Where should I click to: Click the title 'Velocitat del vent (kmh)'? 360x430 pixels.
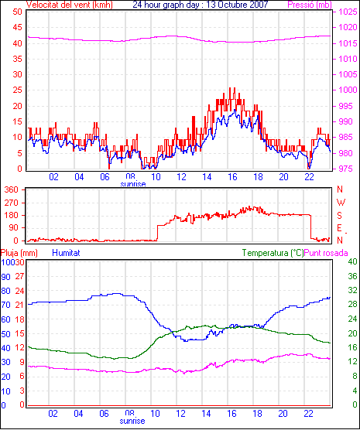tap(70, 5)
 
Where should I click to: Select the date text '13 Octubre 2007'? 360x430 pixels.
tap(237, 5)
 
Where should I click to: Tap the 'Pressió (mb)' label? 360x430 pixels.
tap(310, 5)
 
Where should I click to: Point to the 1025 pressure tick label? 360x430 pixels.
tap(348, 12)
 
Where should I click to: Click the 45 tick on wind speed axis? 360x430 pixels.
tap(17, 27)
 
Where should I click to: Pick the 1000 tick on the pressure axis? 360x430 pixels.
tap(348, 90)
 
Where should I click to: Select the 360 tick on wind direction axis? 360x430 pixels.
tap(12, 189)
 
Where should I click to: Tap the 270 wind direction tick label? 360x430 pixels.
tap(12, 203)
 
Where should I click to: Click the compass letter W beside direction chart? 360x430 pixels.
tap(341, 203)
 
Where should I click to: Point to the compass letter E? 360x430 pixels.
tap(339, 228)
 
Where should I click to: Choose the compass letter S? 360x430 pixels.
tap(339, 216)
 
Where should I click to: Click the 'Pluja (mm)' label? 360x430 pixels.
tap(19, 253)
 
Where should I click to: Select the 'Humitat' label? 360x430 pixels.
tap(66, 253)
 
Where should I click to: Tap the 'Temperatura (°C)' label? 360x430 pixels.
tap(273, 253)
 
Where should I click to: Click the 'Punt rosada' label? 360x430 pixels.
tap(326, 253)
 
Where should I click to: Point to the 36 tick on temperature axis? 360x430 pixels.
tap(352, 276)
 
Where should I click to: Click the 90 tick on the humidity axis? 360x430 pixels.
tap(5, 277)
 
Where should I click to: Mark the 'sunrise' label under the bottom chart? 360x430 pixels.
tap(132, 421)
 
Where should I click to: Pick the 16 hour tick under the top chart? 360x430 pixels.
tap(232, 177)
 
